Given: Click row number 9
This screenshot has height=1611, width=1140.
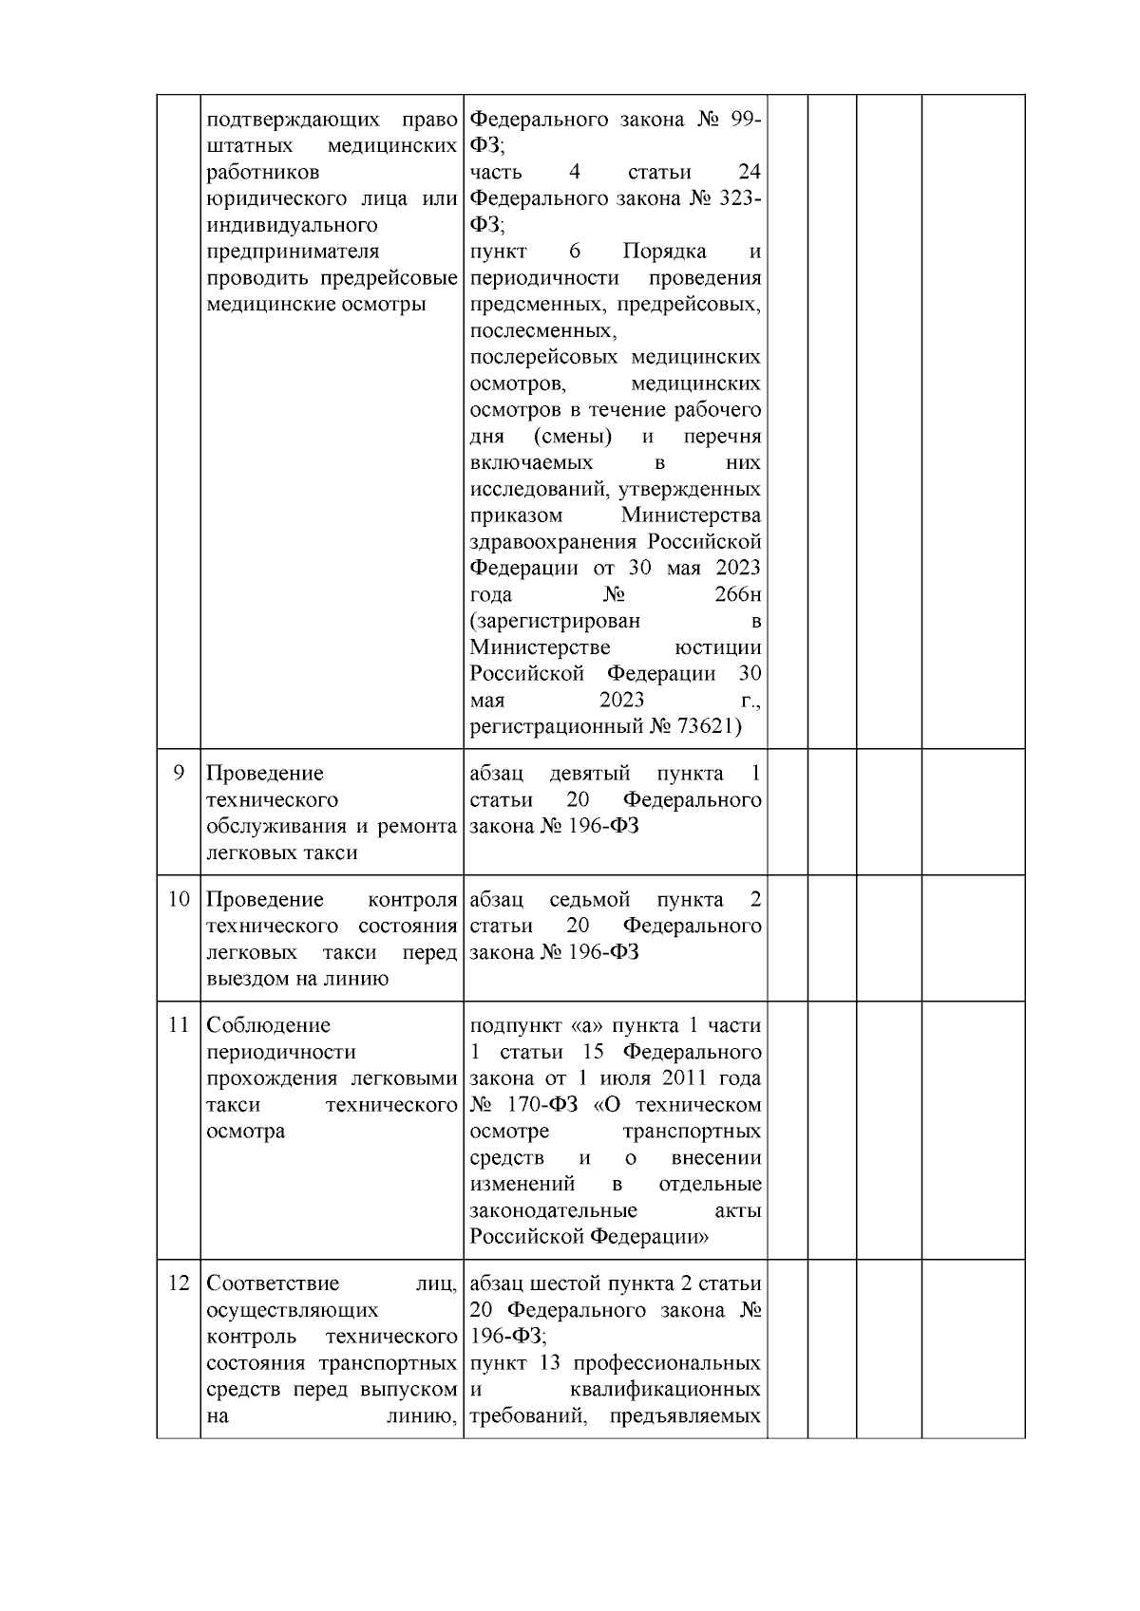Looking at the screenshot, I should (179, 774).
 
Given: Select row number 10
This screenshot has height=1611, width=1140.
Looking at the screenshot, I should (179, 900).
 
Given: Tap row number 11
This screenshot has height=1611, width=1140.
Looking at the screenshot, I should (179, 1026).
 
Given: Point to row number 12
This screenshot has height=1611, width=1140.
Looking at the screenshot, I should (179, 1284).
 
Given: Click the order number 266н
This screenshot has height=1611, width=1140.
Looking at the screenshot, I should (737, 595).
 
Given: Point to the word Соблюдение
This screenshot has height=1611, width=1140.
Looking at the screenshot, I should (269, 1026).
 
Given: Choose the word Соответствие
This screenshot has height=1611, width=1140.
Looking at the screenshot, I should (273, 1284).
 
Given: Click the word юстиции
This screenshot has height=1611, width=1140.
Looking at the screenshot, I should (717, 648).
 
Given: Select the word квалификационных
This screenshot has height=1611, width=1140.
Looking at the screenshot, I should (666, 1391).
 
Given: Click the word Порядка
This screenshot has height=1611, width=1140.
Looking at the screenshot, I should (665, 253).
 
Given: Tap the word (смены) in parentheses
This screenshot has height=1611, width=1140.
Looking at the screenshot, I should (572, 438).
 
